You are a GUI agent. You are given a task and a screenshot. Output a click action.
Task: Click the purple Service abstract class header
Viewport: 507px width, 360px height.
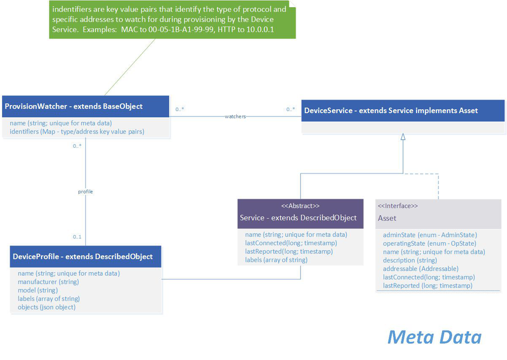click(300, 218)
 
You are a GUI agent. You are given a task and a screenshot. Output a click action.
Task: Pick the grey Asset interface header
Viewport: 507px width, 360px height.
click(438, 218)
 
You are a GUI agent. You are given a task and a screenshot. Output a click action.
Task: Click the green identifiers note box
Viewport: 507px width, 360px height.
click(172, 20)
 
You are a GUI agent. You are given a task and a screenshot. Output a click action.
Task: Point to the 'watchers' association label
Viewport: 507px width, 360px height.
click(235, 117)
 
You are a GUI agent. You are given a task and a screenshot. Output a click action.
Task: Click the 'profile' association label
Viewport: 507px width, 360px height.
click(85, 192)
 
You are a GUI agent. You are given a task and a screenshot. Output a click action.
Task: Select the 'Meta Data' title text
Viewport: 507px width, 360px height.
click(434, 337)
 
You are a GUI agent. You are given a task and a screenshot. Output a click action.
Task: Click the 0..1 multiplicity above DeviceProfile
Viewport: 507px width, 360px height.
click(77, 237)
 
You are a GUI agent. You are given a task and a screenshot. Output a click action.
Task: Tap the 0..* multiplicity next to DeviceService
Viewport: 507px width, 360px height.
click(290, 109)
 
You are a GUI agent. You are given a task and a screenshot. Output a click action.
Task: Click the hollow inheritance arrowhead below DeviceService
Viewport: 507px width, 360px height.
click(403, 137)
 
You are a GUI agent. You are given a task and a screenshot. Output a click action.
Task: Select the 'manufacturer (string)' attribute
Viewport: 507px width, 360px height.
click(48, 282)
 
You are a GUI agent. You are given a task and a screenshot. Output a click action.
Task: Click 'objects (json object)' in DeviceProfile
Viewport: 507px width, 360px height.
click(46, 307)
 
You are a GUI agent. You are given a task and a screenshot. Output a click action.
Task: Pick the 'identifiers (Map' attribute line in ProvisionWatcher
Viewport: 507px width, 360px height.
click(77, 132)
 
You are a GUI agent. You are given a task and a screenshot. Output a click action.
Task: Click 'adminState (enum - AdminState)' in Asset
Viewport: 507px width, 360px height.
click(430, 235)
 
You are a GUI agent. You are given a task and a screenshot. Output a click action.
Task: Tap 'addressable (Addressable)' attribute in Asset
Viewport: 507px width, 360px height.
click(421, 269)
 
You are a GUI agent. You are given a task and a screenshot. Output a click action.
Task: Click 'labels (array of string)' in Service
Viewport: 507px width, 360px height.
click(276, 259)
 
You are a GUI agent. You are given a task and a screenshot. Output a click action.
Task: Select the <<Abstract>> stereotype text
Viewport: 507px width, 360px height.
click(300, 206)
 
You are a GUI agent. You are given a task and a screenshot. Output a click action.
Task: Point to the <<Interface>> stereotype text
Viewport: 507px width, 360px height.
click(398, 206)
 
